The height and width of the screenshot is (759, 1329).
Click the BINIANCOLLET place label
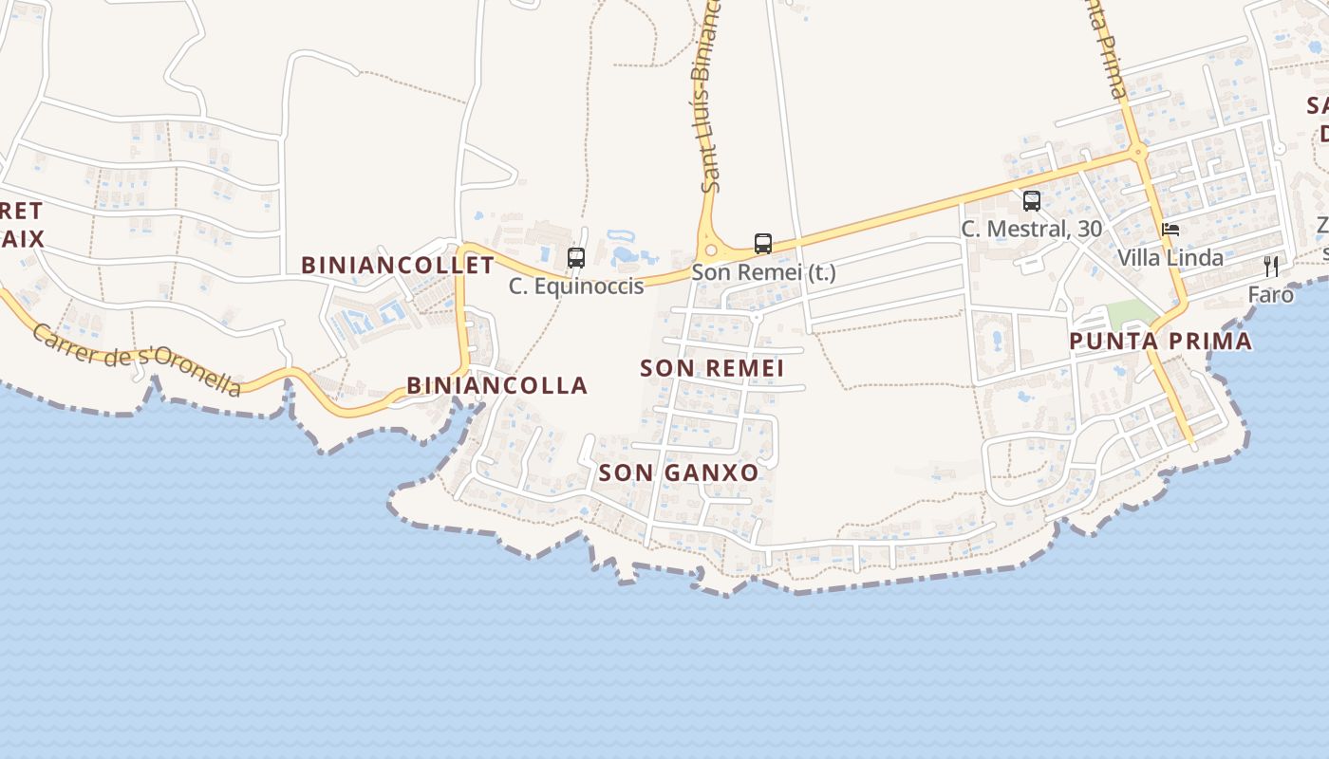[x=398, y=265]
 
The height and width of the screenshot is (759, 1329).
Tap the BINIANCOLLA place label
[x=496, y=385]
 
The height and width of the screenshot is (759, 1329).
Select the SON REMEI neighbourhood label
[x=711, y=368]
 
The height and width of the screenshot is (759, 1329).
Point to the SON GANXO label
[x=679, y=472]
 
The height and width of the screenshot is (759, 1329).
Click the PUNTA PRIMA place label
[x=1160, y=342]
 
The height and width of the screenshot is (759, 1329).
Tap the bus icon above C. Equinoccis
[x=575, y=257]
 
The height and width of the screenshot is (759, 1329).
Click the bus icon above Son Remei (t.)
[x=763, y=244]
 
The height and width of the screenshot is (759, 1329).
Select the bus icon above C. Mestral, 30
[x=1032, y=201]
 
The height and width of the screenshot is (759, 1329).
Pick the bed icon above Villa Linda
[x=1170, y=230]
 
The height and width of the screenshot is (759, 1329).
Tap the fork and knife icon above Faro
[x=1271, y=267]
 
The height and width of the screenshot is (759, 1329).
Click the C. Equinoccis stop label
[x=576, y=286]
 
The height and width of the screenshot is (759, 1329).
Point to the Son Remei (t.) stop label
[x=763, y=272]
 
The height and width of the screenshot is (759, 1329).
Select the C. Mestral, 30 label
[x=1031, y=229]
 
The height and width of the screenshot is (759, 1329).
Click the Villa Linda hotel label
[x=1170, y=257]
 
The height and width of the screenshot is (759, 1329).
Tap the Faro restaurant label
[x=1270, y=294]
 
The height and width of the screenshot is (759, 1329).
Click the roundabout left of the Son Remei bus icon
[x=711, y=250]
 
